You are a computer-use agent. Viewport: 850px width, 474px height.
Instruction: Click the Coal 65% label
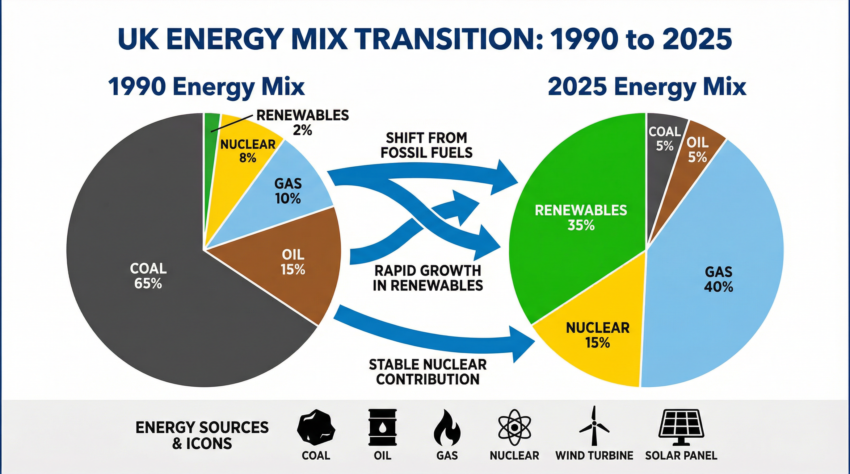[x=148, y=276]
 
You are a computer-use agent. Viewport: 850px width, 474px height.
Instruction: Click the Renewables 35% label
[x=581, y=218]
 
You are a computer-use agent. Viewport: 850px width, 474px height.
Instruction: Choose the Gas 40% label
[x=718, y=279]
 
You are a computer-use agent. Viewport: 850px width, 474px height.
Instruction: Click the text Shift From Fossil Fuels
[x=426, y=145]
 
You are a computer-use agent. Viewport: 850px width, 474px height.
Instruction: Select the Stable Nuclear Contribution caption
[x=428, y=372]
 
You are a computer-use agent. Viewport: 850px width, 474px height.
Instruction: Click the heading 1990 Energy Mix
[x=206, y=87]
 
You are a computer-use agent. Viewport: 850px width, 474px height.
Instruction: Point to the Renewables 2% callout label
[x=302, y=123]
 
